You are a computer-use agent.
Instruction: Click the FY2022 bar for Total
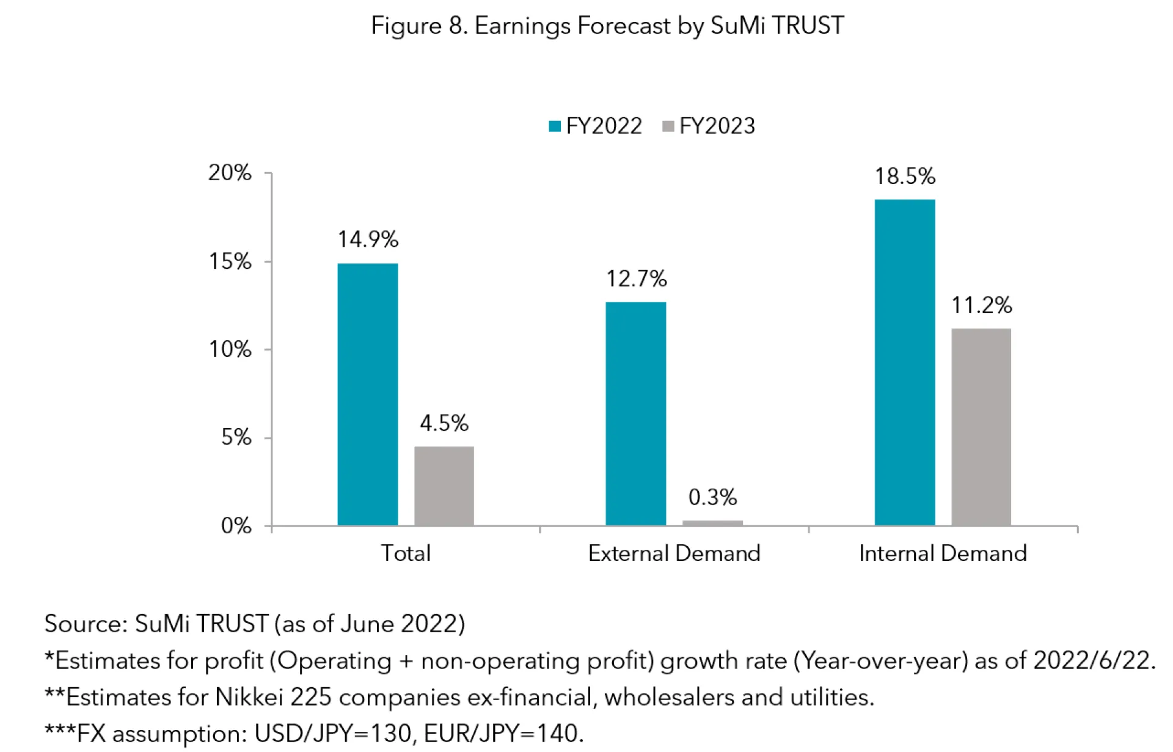click(367, 394)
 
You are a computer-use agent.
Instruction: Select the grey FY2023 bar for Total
click(444, 486)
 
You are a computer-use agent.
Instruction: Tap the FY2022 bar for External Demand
click(635, 414)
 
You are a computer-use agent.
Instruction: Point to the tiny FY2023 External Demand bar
click(712, 523)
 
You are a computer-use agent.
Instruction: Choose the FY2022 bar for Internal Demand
click(904, 362)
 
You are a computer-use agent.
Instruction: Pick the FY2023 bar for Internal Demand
click(981, 427)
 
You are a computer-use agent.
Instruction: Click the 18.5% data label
click(905, 177)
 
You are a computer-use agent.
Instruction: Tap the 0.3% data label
click(712, 497)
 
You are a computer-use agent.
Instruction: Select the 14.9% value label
click(368, 239)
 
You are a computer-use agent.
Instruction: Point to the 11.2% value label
click(981, 305)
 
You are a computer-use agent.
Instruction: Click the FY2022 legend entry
click(596, 126)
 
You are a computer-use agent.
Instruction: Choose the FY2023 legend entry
click(709, 126)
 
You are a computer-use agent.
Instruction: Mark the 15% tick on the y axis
click(230, 262)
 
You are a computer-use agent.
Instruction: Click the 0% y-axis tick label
click(236, 526)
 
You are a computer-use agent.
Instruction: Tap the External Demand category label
click(674, 553)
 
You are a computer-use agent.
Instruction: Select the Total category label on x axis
click(406, 553)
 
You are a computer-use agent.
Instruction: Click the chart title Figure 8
click(607, 26)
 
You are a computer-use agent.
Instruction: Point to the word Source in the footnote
click(85, 624)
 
